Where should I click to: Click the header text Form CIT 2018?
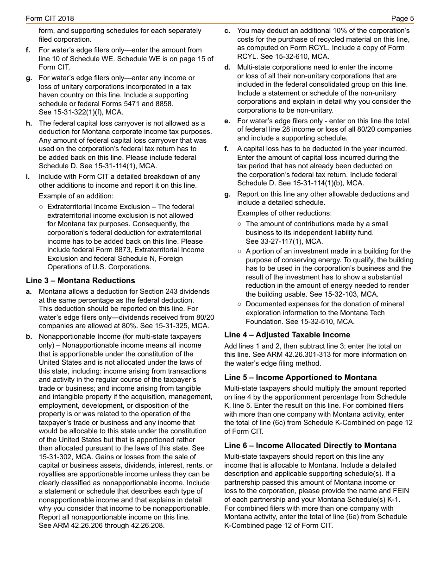point(50,19)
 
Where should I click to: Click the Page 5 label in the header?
point(402,19)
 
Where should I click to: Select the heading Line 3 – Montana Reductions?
point(81,280)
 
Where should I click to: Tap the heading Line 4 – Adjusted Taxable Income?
point(287,335)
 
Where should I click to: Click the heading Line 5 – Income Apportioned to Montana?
point(300,377)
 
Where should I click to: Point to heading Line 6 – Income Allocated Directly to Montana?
point(310,445)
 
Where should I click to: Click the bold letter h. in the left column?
point(29,123)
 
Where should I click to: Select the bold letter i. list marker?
point(28,177)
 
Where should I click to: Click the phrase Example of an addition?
point(76,196)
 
